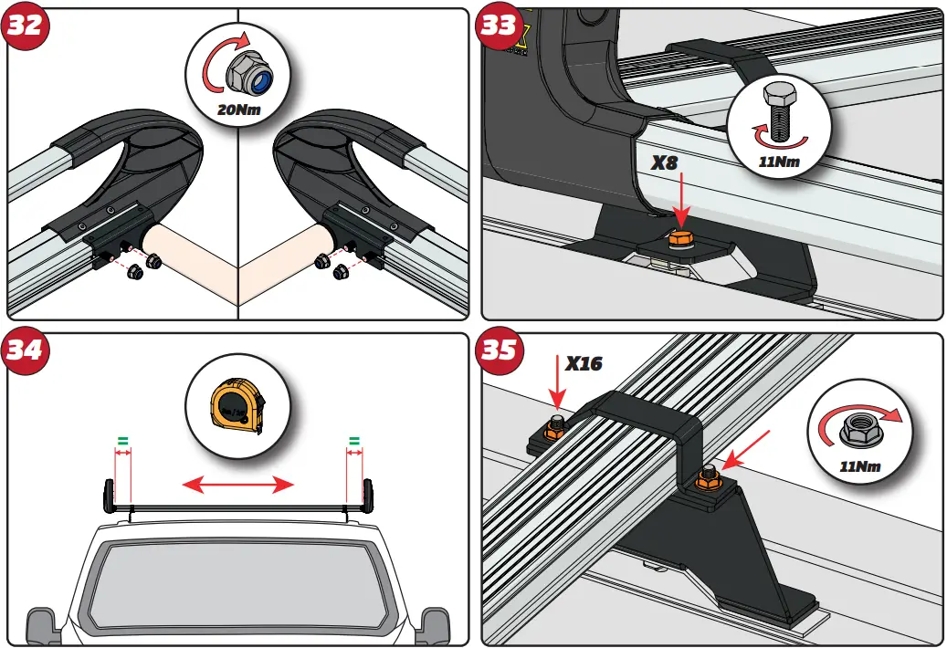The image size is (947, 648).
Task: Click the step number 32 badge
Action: (x=25, y=25)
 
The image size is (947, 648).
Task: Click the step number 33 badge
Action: (x=499, y=25)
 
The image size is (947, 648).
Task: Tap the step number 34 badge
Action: (x=25, y=350)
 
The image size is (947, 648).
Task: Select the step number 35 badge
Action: (x=499, y=350)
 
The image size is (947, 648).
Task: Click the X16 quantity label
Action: (x=584, y=363)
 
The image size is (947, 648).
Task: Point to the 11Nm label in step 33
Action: (x=781, y=162)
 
